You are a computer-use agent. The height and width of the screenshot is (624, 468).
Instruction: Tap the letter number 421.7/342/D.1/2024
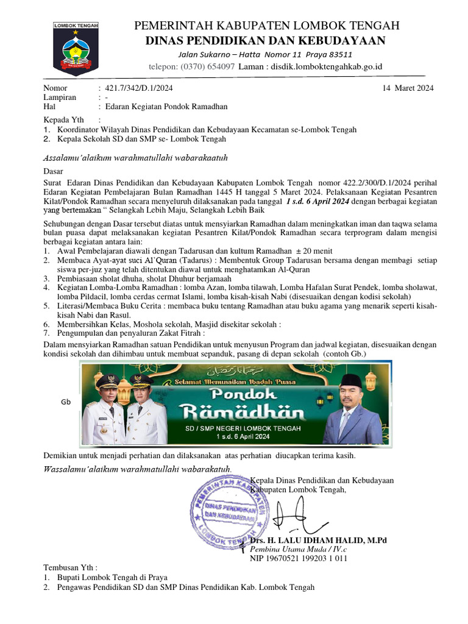click(x=140, y=88)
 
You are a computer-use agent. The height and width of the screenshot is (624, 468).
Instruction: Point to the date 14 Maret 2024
click(x=408, y=88)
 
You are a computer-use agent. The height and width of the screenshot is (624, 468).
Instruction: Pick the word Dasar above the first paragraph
click(x=53, y=172)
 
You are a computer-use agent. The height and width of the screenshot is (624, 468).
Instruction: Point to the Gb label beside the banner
click(x=66, y=403)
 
